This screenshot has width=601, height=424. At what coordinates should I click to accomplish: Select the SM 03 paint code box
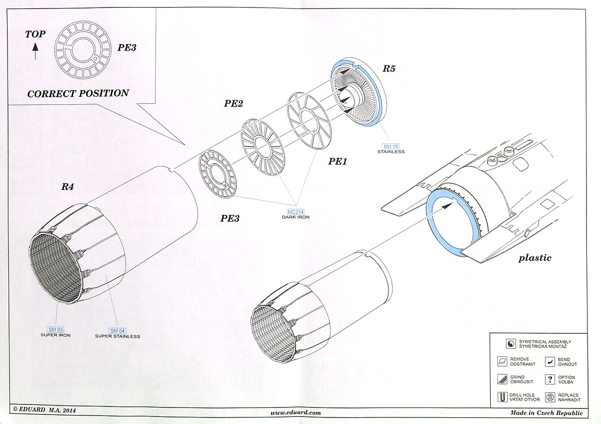56,329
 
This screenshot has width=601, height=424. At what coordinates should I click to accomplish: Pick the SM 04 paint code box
117,330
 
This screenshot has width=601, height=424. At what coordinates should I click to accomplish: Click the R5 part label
389,69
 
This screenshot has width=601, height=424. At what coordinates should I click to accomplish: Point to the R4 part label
68,187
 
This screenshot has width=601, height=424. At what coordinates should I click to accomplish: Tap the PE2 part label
233,104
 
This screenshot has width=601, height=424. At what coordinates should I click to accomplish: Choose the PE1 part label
338,161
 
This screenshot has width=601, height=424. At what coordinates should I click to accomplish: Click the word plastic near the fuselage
535,258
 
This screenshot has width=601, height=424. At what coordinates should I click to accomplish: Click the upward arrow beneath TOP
36,52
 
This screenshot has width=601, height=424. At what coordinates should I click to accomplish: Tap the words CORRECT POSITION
78,94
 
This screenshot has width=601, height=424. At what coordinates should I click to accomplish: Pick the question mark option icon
550,379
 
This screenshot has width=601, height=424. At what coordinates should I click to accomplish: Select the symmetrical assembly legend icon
510,344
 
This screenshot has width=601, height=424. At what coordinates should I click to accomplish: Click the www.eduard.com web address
295,413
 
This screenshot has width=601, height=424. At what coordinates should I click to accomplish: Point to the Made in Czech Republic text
546,413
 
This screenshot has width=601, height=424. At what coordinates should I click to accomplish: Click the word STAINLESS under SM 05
391,151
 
